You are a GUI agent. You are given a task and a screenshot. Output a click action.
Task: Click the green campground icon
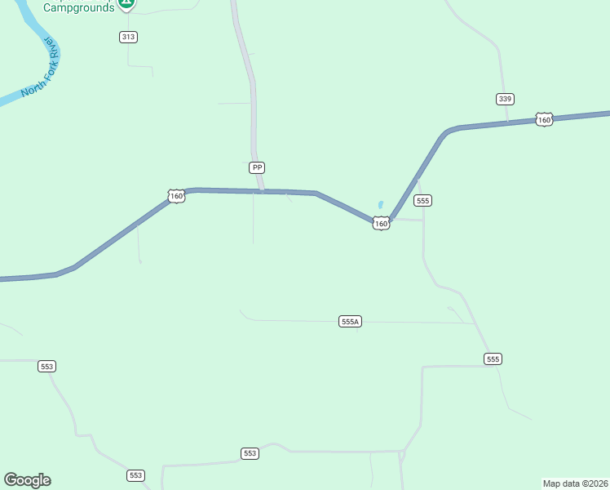coord(126,3)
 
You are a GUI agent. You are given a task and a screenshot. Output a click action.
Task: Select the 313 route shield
coord(128,37)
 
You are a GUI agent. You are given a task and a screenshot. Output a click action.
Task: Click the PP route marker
coord(257,167)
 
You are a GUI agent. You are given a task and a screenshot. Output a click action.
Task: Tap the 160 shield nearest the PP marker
coord(176,196)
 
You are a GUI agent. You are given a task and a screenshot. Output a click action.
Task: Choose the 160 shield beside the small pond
coord(381,223)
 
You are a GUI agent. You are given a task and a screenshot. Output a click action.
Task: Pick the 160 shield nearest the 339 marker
coord(544,119)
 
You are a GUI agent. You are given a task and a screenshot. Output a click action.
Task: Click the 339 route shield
coord(505,99)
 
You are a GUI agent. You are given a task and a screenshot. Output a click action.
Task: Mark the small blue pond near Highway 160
coord(380,205)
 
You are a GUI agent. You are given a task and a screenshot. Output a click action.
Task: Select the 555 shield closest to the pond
coord(422,200)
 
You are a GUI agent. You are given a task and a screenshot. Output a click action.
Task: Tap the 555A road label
coord(350,322)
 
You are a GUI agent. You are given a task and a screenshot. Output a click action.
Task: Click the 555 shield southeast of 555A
coord(493,359)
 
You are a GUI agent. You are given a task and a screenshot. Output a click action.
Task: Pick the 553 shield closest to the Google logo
coord(135,475)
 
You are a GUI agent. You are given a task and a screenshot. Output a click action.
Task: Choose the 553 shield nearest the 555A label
coord(250,453)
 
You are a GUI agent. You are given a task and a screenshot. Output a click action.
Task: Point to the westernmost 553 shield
coord(46,367)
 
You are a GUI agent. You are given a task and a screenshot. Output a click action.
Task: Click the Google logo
coord(27,480)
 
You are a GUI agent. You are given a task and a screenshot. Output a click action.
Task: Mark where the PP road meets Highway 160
coord(261,191)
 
